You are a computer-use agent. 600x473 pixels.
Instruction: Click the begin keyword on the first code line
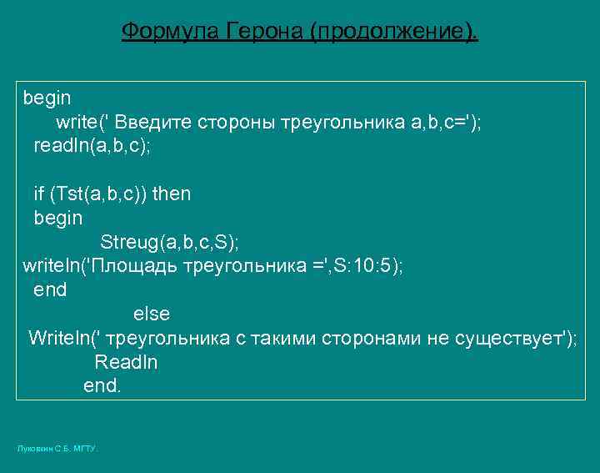[47, 98]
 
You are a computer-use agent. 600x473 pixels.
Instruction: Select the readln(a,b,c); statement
[92, 145]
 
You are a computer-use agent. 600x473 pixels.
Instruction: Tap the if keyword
[38, 194]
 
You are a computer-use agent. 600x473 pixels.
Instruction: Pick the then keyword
[172, 194]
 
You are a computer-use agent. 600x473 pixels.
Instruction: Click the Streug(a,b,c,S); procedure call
[169, 242]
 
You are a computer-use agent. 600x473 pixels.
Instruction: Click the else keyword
[151, 314]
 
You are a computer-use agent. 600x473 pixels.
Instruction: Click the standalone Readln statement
[126, 362]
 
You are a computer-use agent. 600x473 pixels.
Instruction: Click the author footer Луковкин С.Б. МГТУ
[57, 449]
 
